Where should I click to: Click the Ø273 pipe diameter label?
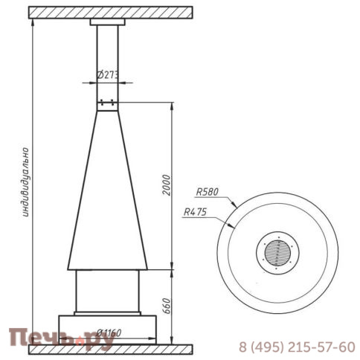click(x=108, y=75)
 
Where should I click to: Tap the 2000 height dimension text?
click(x=167, y=185)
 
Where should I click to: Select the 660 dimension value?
click(x=167, y=306)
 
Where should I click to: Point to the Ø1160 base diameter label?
click(x=109, y=332)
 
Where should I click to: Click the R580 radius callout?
click(x=208, y=192)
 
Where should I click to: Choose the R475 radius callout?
click(x=195, y=212)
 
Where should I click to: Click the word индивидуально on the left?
click(x=26, y=182)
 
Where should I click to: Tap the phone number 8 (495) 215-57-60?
click(x=297, y=347)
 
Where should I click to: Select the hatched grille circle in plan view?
click(x=277, y=253)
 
